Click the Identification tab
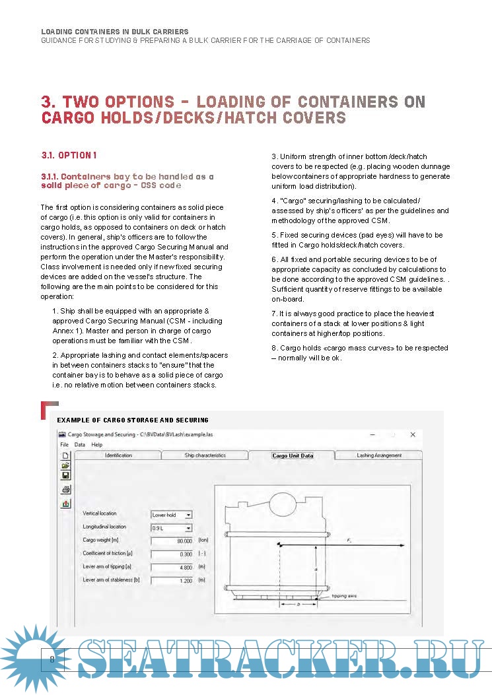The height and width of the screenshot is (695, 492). (x=118, y=455)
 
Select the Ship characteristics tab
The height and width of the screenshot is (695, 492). (x=205, y=455)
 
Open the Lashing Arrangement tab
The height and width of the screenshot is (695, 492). (x=378, y=455)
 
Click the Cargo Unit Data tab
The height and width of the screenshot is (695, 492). (x=293, y=455)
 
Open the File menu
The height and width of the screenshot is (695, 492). (x=65, y=445)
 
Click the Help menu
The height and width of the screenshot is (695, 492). (x=97, y=445)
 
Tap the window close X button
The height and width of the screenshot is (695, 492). (x=413, y=435)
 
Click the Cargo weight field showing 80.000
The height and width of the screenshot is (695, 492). (x=172, y=541)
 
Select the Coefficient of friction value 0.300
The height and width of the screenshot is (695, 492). (x=172, y=554)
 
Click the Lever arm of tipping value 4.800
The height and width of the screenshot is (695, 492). (x=172, y=568)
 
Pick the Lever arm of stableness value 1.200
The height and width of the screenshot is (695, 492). (x=172, y=581)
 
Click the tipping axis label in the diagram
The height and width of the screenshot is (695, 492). (x=343, y=596)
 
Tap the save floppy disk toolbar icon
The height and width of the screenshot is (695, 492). (x=65, y=475)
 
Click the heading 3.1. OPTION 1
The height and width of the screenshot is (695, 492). (x=69, y=155)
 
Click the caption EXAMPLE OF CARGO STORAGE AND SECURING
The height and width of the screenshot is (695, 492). (x=133, y=420)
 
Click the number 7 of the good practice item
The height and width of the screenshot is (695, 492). (x=274, y=313)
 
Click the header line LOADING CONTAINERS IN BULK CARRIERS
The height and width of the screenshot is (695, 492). (x=115, y=32)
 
